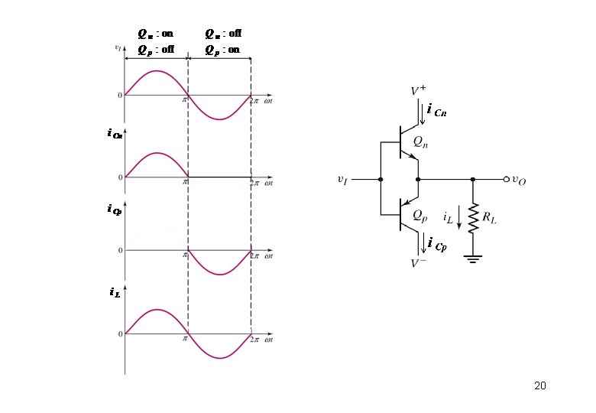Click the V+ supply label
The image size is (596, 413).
[x=419, y=91]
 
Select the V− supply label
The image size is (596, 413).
[x=419, y=263]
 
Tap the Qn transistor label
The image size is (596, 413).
[x=420, y=141]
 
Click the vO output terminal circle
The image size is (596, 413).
[x=506, y=179]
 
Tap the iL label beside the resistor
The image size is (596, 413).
[x=449, y=218]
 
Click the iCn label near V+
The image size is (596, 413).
[x=437, y=112]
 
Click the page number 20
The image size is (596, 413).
[x=540, y=385]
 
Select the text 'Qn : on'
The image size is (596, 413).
[x=155, y=34]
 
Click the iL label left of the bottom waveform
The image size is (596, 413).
[x=114, y=291]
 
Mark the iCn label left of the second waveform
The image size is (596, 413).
[x=115, y=134]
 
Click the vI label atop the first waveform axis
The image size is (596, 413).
[x=118, y=47]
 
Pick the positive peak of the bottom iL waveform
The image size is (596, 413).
[x=156, y=310]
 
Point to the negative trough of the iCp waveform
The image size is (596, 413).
[x=219, y=275]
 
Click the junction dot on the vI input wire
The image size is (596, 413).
[x=380, y=179]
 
